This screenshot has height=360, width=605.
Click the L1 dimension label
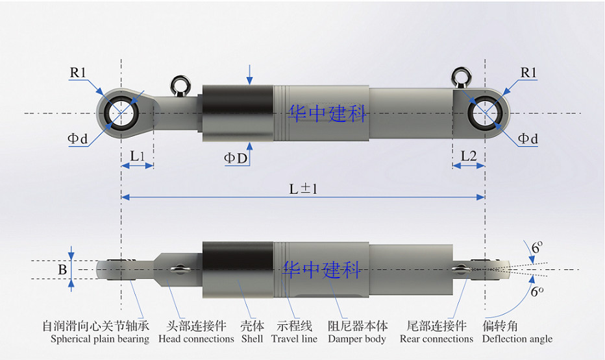click(137, 156)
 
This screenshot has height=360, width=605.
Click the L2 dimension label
click(469, 156)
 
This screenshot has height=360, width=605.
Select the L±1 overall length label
click(302, 188)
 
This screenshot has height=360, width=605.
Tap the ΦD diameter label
click(236, 158)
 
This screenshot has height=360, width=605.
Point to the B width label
click(62, 269)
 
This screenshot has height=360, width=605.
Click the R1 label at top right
click(529, 73)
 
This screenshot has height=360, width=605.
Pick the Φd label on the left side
click(76, 138)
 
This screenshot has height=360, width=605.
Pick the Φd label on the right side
click(528, 138)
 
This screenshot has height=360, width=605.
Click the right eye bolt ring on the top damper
click(462, 76)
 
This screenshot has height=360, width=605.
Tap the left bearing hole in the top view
click(121, 113)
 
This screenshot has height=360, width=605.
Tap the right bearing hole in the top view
click(484, 113)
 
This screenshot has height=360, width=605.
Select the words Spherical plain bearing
click(100, 339)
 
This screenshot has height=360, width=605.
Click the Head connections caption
click(196, 339)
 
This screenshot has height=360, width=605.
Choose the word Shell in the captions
click(252, 339)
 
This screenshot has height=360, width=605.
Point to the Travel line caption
click(294, 339)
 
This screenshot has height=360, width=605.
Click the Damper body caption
click(357, 339)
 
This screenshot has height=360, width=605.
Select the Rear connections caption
click(436, 339)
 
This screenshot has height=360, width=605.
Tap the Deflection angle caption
click(517, 339)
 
